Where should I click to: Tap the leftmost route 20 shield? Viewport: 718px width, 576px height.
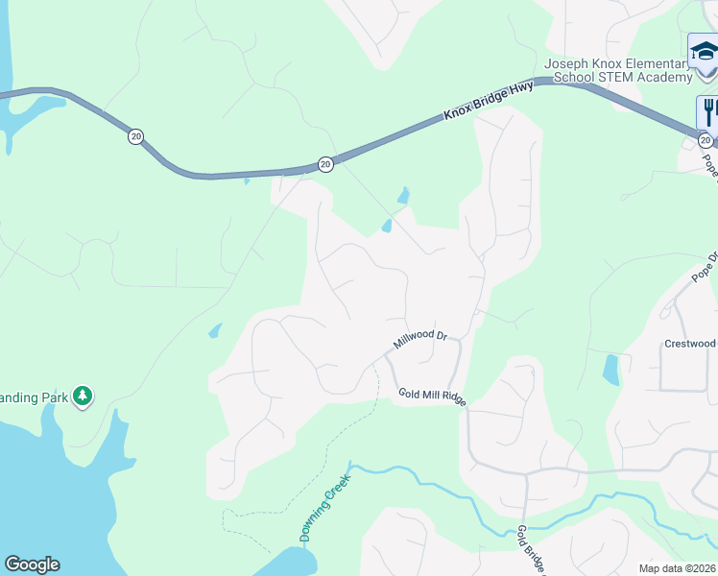tap(135, 137)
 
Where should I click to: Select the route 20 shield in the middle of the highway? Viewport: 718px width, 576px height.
tap(325, 164)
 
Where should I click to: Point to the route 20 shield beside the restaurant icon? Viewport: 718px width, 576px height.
tap(706, 141)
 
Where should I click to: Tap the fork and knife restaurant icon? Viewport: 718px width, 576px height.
tap(708, 110)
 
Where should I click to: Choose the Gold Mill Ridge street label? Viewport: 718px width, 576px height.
tap(433, 396)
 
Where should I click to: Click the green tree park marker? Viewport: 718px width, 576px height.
tap(84, 395)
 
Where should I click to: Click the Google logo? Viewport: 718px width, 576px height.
tap(32, 564)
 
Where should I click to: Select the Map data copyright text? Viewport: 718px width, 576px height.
tap(678, 568)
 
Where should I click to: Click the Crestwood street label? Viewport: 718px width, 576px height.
tap(690, 344)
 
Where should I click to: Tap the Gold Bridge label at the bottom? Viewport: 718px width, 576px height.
tap(531, 550)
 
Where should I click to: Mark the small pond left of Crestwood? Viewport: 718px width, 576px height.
tap(610, 370)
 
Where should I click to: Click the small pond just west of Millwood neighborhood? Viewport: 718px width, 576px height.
tap(214, 330)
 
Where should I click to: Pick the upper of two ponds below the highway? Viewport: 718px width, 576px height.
tap(403, 196)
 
